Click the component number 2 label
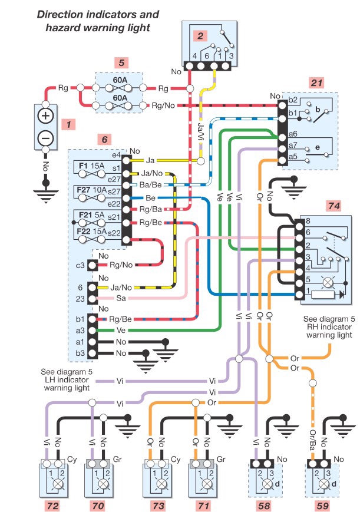201,36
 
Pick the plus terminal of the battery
45,115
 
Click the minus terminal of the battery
45,137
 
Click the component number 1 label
70,124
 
